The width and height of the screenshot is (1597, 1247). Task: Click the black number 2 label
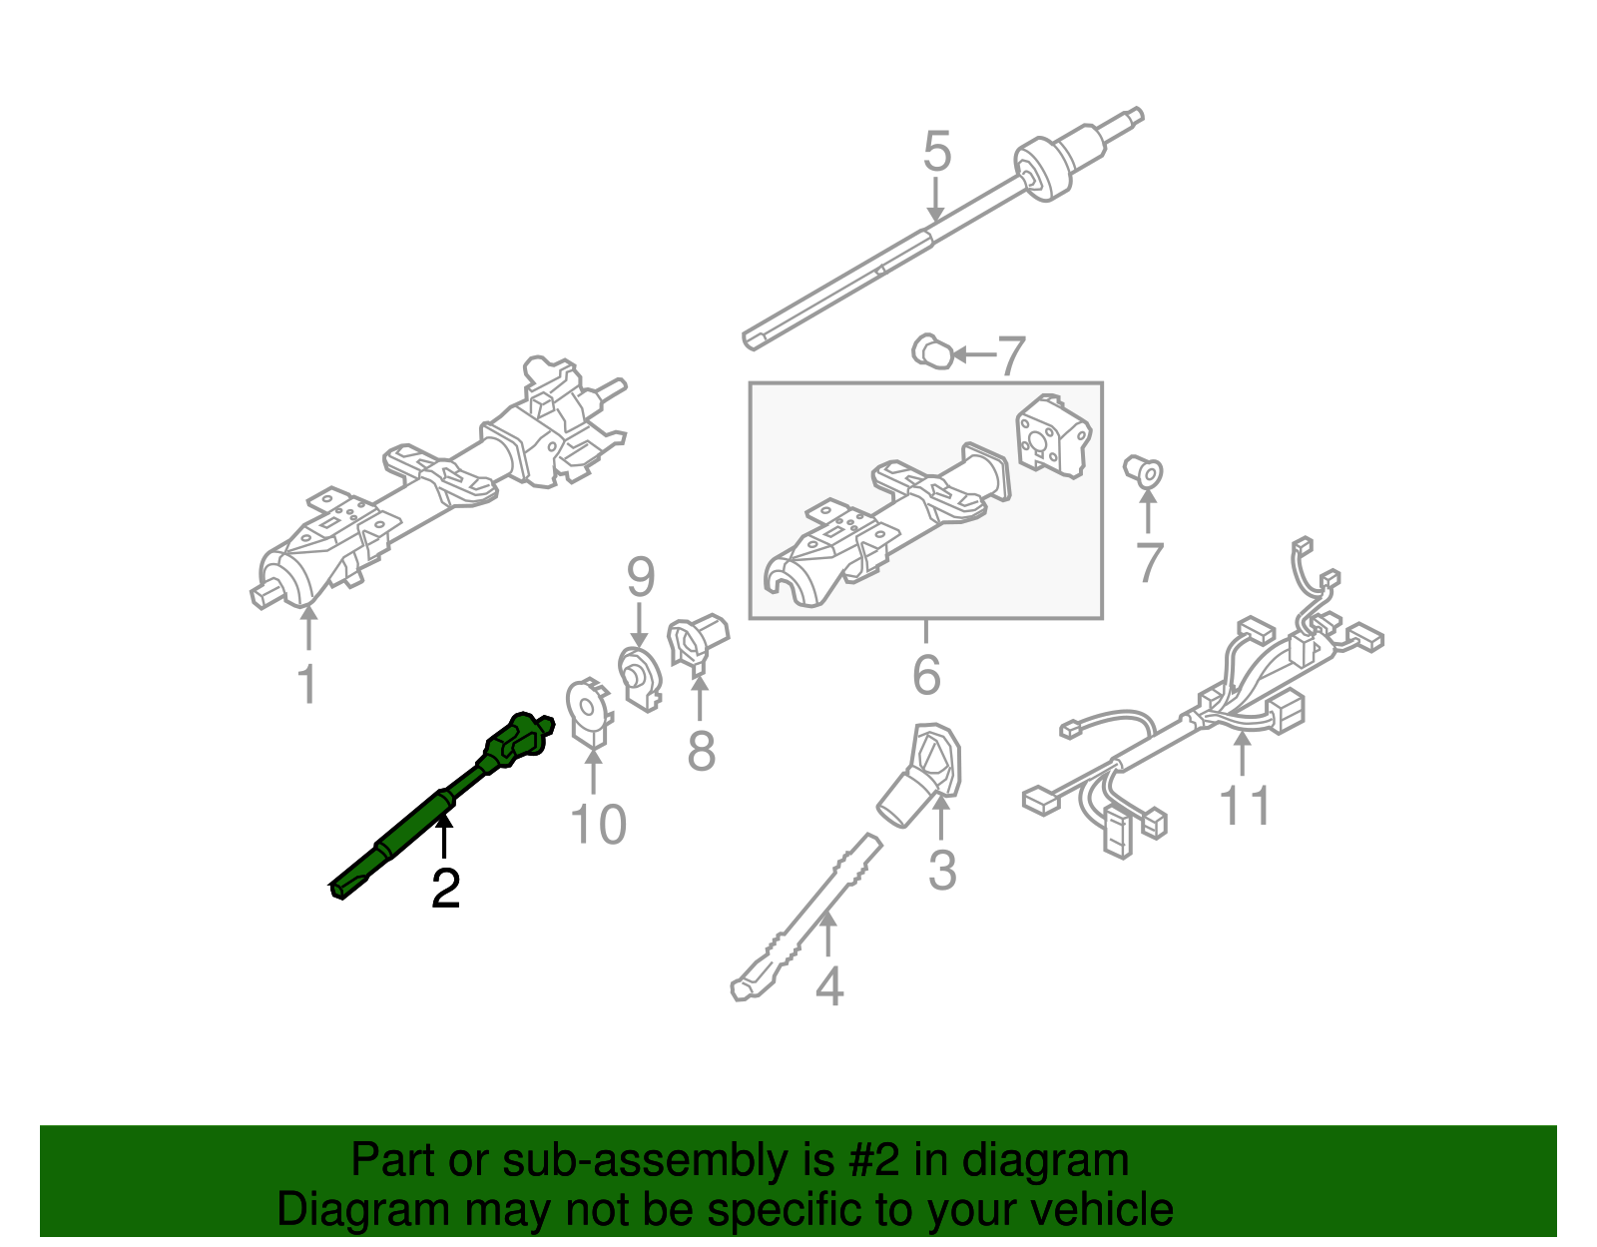445,889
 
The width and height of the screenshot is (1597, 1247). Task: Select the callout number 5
936,153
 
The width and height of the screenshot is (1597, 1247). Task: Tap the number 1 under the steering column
307,685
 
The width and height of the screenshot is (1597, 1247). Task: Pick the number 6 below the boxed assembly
926,676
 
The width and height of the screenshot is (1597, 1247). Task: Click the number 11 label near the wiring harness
1245,806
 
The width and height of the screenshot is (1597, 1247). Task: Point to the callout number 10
597,825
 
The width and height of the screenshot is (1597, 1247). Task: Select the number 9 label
640,578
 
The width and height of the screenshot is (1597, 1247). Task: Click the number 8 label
701,751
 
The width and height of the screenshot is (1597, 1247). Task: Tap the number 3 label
941,870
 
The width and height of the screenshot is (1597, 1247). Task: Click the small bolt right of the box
1145,470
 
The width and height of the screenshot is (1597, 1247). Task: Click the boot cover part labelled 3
923,774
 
